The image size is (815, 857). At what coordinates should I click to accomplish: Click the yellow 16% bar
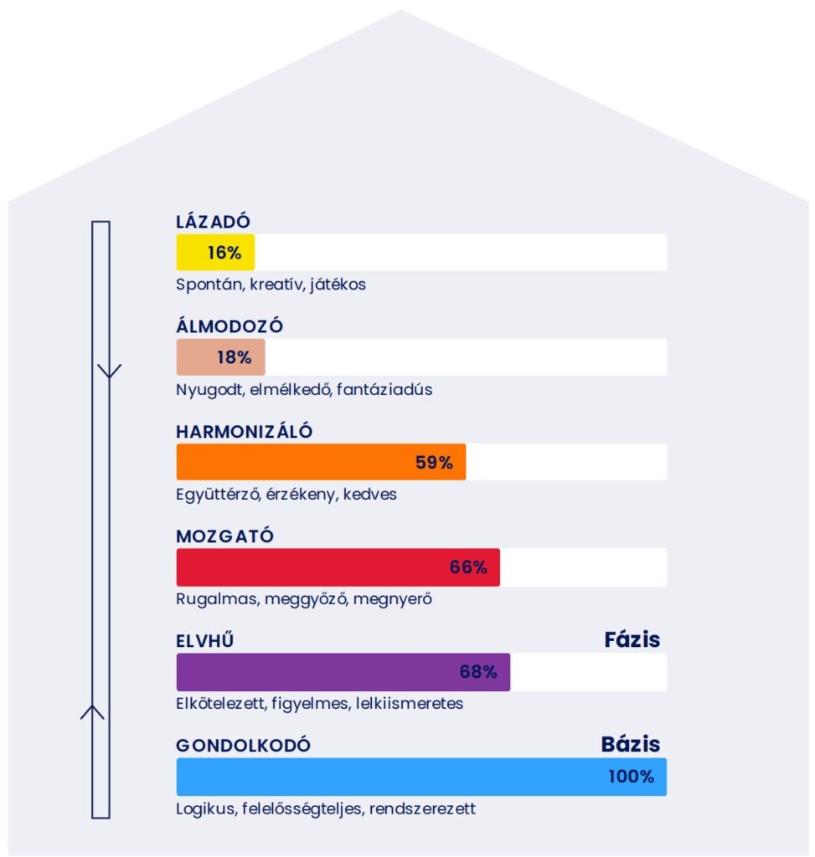(215, 252)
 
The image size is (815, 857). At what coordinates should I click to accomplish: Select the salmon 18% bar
(220, 357)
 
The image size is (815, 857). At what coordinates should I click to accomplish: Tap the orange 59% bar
(321, 462)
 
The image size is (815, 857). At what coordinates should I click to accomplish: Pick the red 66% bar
(338, 567)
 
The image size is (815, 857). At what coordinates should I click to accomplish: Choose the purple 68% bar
(343, 672)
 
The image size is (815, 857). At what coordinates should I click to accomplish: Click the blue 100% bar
(421, 777)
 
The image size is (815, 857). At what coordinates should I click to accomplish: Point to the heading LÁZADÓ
(214, 222)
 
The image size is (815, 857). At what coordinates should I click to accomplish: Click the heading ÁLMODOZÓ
(224, 326)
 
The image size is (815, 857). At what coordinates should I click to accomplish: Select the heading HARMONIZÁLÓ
(244, 432)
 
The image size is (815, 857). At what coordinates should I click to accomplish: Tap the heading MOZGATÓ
(224, 536)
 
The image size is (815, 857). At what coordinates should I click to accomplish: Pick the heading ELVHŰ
(204, 642)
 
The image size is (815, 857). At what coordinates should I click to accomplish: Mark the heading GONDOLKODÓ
(243, 746)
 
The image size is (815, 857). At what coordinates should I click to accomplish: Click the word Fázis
(632, 640)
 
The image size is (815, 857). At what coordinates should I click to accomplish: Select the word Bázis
(631, 744)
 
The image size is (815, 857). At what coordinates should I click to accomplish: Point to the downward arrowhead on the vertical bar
(109, 371)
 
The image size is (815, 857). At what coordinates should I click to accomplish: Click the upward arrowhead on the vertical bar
(92, 711)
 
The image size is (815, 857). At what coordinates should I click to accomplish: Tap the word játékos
(338, 285)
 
